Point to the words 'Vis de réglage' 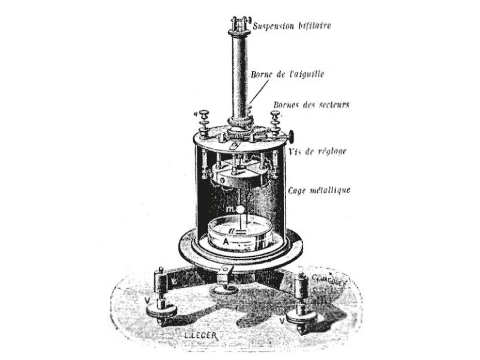pos(324,151)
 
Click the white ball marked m pos(240,211)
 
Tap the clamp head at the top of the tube pos(239,25)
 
